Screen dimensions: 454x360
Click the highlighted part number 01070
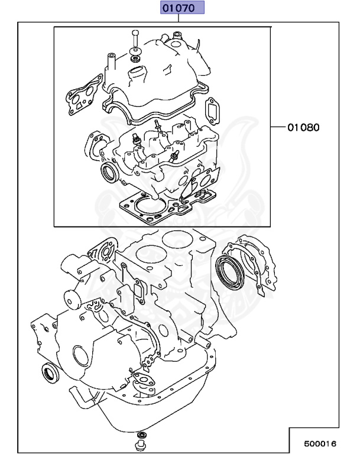point(180,8)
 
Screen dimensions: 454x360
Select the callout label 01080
point(304,127)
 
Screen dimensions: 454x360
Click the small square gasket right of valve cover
point(211,111)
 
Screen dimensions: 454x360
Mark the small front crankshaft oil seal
point(48,373)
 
